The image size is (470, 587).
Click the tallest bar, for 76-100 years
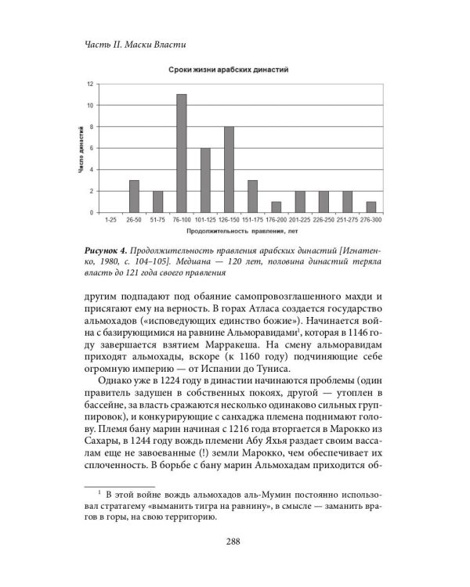pyautogui.click(x=181, y=153)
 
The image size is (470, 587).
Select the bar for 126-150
pyautogui.click(x=229, y=169)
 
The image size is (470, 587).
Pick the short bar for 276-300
pyautogui.click(x=371, y=207)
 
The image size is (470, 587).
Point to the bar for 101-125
pyautogui.click(x=205, y=180)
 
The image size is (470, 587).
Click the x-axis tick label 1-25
pyautogui.click(x=110, y=221)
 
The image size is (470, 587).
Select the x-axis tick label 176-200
pyautogui.click(x=276, y=221)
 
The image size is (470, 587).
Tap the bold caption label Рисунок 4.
pyautogui.click(x=107, y=248)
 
